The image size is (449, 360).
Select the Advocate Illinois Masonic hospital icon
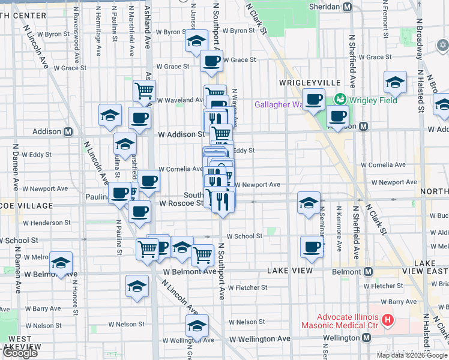click(x=387, y=321)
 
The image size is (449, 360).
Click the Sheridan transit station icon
click(x=347, y=7)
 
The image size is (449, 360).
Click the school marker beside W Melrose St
click(x=61, y=263)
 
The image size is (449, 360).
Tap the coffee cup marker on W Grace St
click(x=211, y=61)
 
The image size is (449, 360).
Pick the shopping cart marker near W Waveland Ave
click(x=144, y=91)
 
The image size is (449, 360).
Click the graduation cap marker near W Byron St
click(x=196, y=41)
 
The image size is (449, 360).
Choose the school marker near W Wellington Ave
click(x=197, y=326)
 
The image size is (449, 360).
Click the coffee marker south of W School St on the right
click(x=312, y=247)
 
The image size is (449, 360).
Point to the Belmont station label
click(x=345, y=272)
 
